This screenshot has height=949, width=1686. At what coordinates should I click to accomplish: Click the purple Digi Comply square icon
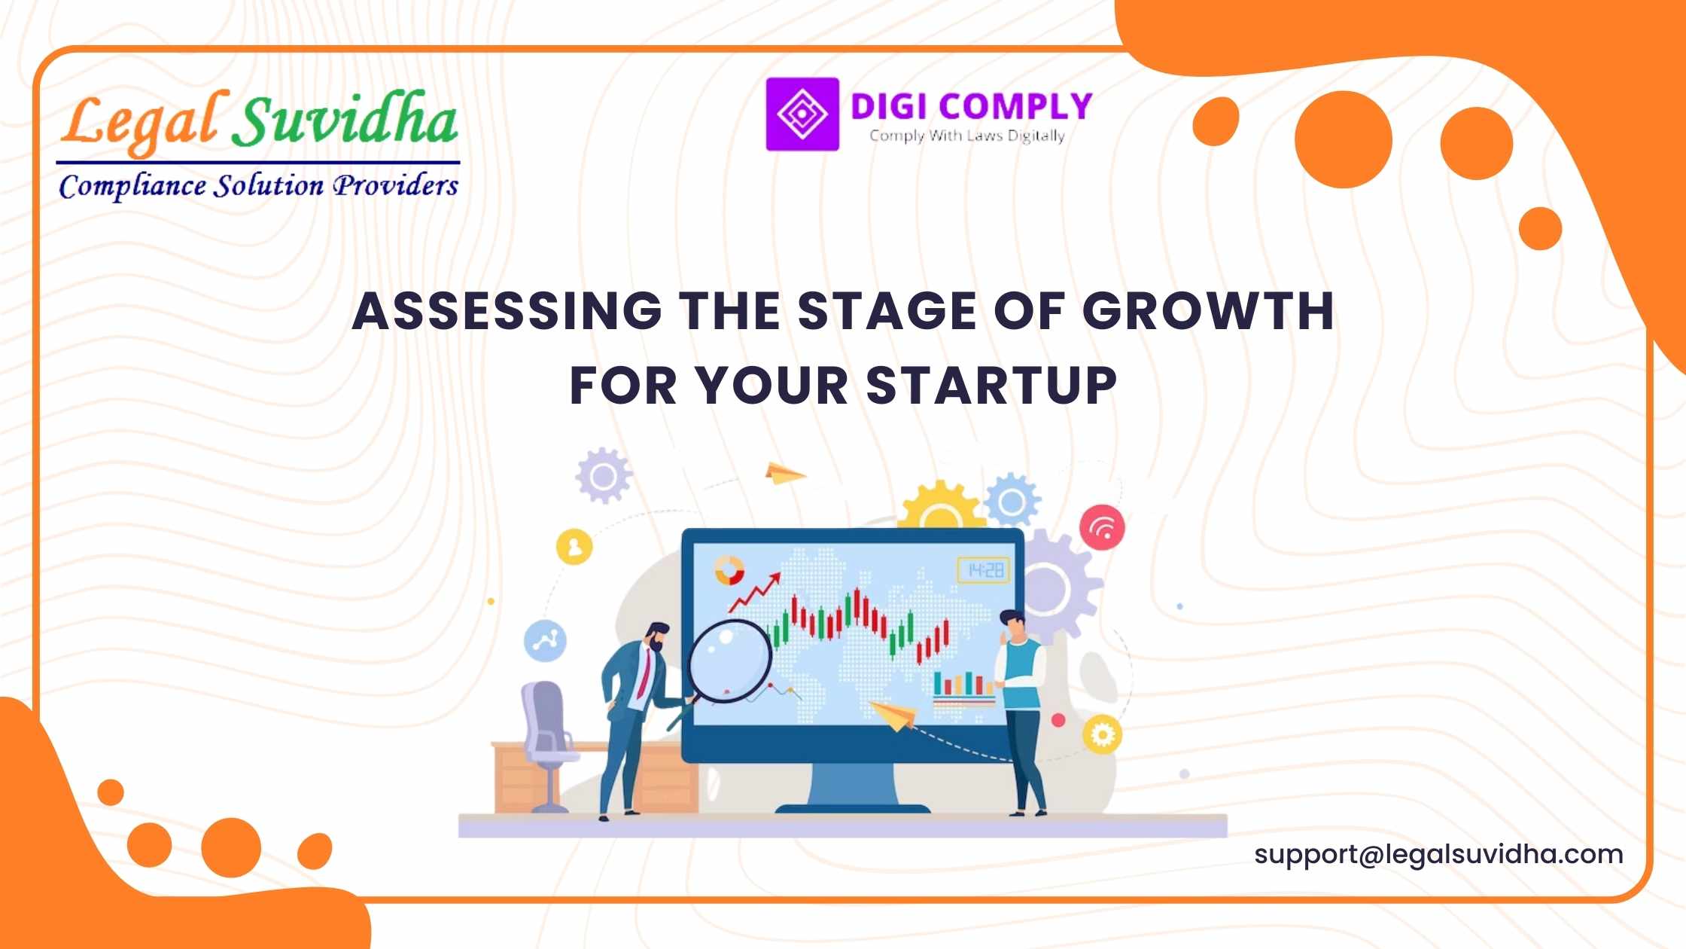802,114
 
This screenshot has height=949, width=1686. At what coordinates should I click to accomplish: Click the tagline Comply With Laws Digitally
967,136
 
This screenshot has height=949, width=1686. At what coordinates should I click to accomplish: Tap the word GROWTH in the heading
1208,310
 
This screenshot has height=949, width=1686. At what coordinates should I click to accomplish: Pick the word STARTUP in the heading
992,386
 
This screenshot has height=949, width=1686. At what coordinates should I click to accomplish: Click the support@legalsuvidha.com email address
1438,855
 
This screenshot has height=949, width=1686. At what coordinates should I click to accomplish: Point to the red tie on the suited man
644,673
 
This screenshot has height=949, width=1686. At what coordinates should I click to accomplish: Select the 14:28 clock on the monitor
983,570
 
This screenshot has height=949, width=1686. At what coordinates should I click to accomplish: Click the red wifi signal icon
1102,526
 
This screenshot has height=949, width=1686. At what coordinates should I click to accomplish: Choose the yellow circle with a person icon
574,546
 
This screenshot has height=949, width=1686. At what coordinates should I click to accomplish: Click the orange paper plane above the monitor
785,473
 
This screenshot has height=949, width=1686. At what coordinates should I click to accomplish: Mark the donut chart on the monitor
729,570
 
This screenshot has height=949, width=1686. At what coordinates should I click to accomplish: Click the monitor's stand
852,788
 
